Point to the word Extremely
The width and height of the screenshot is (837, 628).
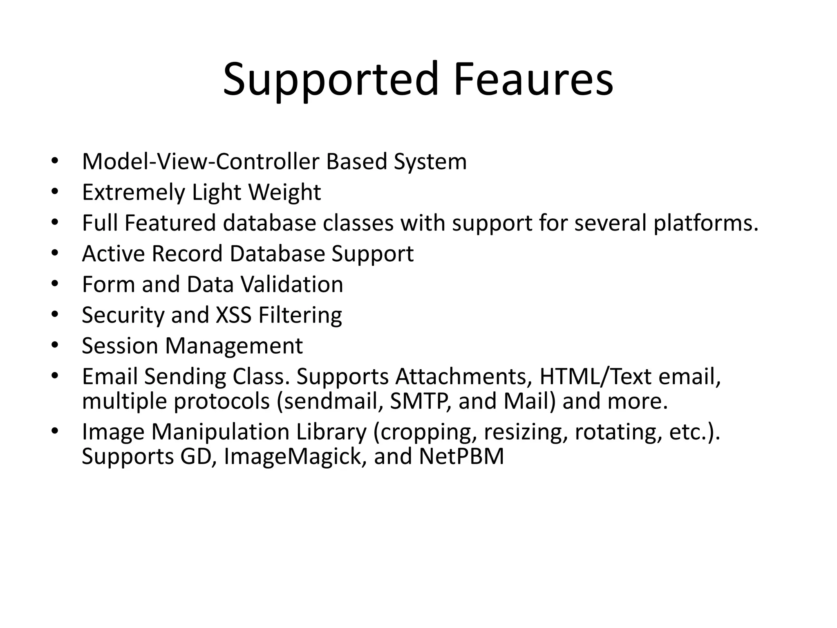(x=133, y=192)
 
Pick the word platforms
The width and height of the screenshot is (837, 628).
(x=705, y=223)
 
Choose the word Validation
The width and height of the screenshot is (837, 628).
(x=292, y=284)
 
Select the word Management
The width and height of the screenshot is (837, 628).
(x=234, y=346)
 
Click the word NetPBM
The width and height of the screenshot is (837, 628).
(x=461, y=456)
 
